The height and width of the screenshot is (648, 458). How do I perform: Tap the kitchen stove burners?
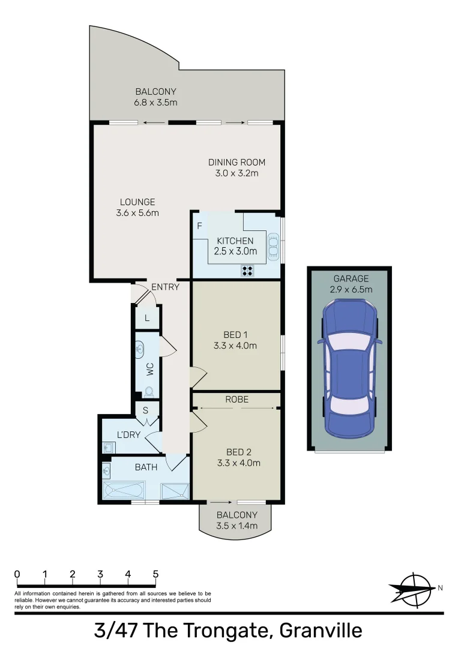coord(247,271)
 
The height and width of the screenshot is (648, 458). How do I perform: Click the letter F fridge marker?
coord(199,226)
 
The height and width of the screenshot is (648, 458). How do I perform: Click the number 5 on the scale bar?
coord(155,574)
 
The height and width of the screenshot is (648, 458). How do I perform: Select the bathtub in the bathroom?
coord(123,491)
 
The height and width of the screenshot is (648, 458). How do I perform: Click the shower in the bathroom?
coord(175,491)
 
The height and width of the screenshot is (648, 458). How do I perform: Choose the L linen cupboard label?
coord(146,317)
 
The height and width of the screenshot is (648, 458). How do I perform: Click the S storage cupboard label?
coord(146,410)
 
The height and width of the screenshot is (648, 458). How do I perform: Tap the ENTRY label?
coord(165,287)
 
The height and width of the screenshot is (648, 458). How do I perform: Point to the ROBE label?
coord(237,399)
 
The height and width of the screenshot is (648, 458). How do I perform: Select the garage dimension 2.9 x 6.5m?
coord(351,289)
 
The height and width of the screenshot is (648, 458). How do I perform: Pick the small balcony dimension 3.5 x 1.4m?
coord(237,526)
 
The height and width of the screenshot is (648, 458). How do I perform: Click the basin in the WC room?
coord(140,348)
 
